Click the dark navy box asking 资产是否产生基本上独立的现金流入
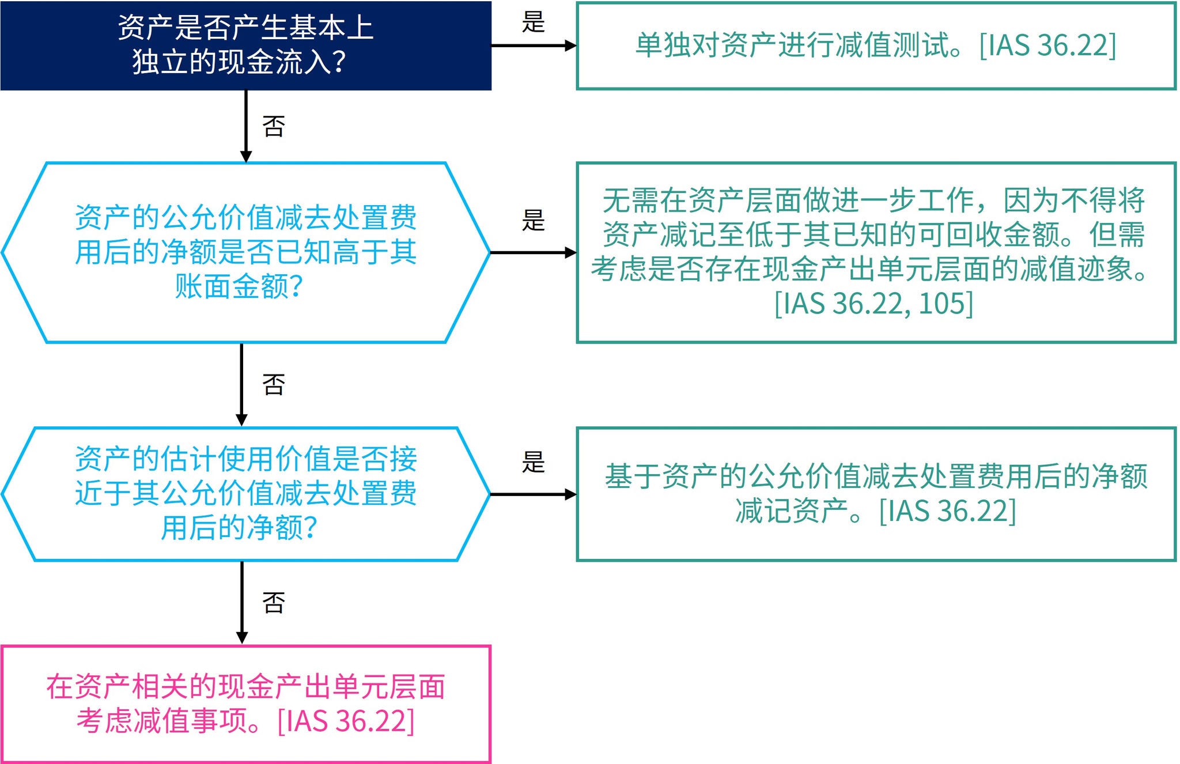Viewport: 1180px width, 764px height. (245, 46)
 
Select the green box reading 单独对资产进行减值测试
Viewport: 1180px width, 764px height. (876, 46)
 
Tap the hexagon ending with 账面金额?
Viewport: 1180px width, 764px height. (245, 252)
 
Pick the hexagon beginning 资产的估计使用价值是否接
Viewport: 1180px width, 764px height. (245, 494)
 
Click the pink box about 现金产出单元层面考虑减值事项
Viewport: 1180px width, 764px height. (245, 704)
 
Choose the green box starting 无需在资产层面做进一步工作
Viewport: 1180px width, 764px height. (876, 252)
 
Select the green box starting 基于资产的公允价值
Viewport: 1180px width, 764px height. (876, 494)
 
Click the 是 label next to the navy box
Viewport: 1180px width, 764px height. (533, 22)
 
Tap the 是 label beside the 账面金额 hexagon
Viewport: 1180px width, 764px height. (533, 220)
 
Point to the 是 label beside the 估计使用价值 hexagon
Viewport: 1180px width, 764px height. (533, 462)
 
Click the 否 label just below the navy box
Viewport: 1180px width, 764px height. (274, 126)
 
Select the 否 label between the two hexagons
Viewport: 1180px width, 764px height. (274, 384)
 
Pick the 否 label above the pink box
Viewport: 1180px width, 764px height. (274, 602)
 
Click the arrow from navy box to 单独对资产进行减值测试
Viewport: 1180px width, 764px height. (534, 46)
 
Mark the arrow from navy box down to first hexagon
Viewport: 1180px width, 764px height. (246, 126)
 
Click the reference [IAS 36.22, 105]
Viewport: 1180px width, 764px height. (873, 304)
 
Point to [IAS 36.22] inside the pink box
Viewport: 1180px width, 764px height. (346, 721)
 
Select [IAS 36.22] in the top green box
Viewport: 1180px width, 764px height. (1047, 46)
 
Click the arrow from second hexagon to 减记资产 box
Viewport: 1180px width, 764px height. (534, 494)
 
